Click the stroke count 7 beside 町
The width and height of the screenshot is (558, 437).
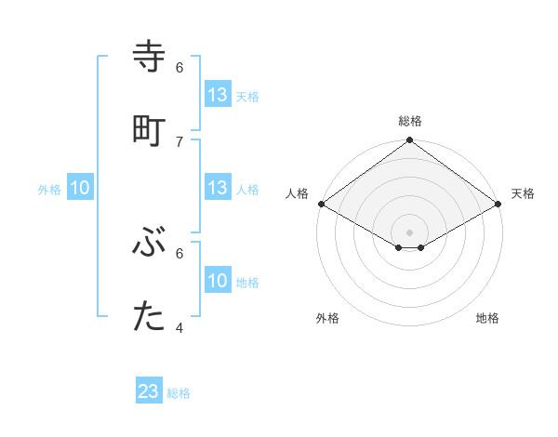click(179, 141)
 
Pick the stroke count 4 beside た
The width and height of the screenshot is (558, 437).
click(179, 328)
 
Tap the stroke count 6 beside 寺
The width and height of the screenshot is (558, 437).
click(179, 67)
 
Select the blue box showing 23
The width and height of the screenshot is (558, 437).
click(149, 391)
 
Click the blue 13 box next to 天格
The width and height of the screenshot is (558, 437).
click(218, 95)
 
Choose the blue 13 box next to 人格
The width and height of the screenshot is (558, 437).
click(218, 188)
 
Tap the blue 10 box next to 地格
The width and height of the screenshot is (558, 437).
click(218, 281)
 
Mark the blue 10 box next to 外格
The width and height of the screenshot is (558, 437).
click(80, 188)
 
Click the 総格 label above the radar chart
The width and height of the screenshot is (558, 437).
click(410, 121)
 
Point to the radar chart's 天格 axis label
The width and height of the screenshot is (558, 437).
click(523, 193)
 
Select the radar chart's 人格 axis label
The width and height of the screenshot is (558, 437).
click(297, 193)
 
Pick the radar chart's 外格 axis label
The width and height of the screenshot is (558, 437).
click(327, 318)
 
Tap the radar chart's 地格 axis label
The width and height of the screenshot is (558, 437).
click(487, 318)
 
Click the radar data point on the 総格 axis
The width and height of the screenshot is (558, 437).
click(410, 141)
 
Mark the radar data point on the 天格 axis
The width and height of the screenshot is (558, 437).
click(499, 204)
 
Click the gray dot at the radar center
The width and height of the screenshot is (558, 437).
click(410, 232)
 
